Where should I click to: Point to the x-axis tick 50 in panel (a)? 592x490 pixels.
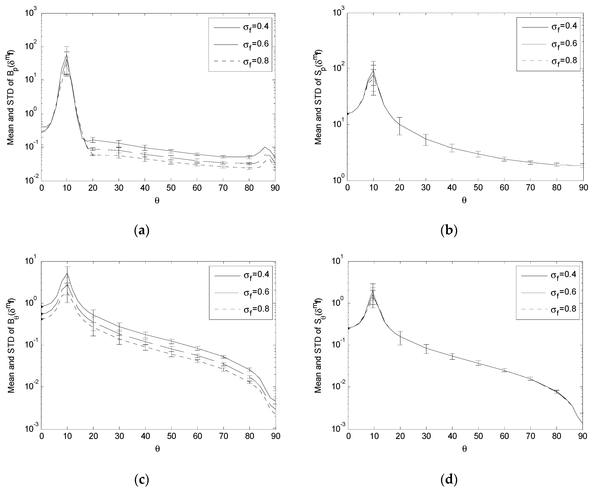click(171, 188)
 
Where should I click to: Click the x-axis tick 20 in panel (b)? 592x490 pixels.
click(399, 188)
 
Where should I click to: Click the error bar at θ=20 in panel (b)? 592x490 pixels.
click(399, 126)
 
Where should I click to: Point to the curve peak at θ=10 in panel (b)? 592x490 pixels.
click(374, 70)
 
